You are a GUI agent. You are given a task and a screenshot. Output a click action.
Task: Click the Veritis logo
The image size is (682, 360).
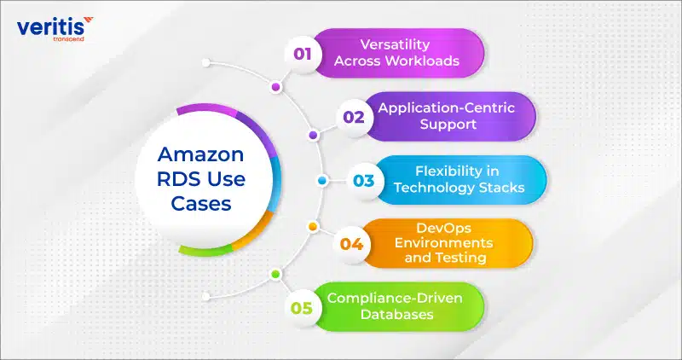[x=55, y=29]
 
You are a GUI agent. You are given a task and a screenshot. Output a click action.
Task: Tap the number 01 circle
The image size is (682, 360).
[x=303, y=54]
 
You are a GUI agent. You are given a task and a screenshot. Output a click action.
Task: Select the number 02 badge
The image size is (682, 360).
[x=354, y=117]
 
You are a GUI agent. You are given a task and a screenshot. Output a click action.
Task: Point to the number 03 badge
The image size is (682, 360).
[x=364, y=180]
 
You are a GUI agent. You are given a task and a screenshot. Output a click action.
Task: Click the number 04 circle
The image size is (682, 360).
[x=351, y=244]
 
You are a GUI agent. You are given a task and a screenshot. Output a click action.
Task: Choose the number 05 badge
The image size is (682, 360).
[x=303, y=308]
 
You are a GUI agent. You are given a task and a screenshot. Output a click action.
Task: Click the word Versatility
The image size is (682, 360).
[x=396, y=44]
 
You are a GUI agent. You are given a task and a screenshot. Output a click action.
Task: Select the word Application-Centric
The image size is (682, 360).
[x=446, y=108]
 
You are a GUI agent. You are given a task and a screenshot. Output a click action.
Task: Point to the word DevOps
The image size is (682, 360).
[x=443, y=228]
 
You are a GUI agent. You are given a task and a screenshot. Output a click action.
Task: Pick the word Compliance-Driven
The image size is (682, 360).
[x=395, y=299]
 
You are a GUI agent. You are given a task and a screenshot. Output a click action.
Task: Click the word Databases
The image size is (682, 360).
[x=397, y=314]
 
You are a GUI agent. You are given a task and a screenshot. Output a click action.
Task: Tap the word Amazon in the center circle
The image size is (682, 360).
[x=200, y=154]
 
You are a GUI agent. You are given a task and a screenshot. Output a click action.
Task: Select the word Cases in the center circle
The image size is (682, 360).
[x=201, y=203]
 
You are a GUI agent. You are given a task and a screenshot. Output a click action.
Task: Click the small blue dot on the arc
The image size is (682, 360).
[x=322, y=180]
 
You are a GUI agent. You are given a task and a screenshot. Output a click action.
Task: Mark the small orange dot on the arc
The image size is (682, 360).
[x=312, y=226]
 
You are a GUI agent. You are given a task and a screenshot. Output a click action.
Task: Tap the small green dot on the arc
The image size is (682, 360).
[x=275, y=274]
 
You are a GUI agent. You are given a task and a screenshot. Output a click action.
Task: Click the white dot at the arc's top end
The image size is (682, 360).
[x=206, y=63]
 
